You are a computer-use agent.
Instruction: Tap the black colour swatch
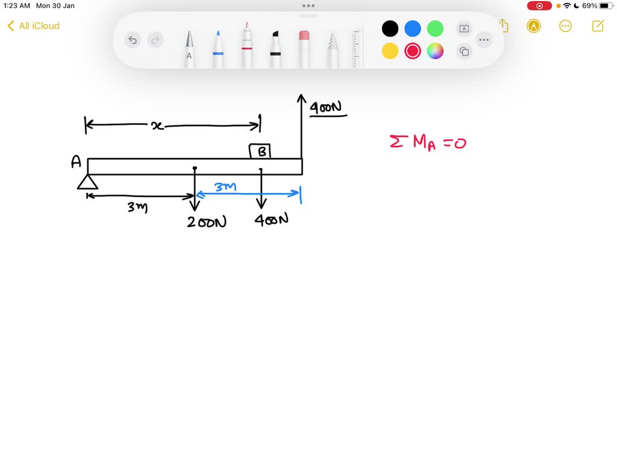390,28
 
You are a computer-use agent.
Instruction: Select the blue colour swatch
413,28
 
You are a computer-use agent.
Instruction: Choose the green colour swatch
435,28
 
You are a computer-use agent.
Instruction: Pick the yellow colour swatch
390,51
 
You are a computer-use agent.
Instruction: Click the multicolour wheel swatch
435,51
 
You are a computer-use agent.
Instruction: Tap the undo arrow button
133,40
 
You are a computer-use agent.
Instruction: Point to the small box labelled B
260,151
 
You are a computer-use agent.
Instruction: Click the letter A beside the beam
76,162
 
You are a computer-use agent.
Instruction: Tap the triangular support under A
88,182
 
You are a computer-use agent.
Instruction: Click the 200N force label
207,222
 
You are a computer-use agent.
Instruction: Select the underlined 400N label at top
326,108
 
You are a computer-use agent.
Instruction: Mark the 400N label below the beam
271,220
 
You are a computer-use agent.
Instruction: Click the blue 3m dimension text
225,187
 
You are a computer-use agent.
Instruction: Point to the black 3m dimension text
137,208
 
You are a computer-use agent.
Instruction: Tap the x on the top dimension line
157,125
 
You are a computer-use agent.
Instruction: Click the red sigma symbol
396,142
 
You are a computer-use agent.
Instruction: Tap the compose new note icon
598,26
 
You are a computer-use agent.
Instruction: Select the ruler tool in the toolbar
356,48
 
